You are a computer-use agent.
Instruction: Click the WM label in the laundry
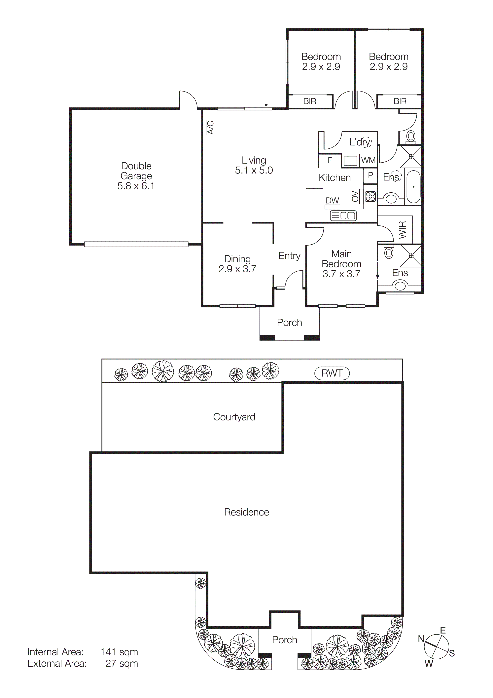[368, 160]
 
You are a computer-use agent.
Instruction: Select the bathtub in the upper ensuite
[413, 187]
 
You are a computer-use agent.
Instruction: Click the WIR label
[402, 230]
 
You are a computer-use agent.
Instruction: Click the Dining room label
[237, 259]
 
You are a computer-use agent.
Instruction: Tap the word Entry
[289, 256]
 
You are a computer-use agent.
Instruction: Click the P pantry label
[370, 175]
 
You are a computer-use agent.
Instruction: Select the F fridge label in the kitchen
[330, 160]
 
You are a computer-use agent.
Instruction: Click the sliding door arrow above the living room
[258, 105]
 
